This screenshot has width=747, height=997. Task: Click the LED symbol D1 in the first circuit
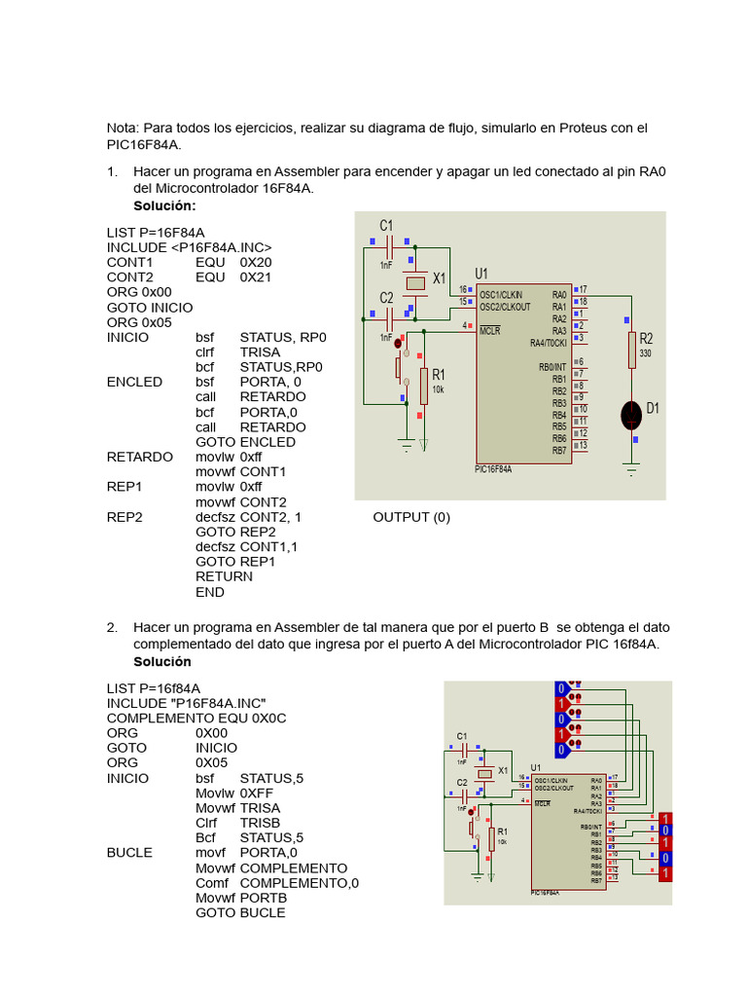coord(632,413)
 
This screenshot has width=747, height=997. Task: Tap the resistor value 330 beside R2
coord(645,353)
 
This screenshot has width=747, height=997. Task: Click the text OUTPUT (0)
coord(411,517)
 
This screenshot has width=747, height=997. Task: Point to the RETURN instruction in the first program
coord(224,576)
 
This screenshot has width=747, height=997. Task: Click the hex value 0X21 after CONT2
coord(256,277)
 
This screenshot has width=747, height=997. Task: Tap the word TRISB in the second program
coord(260,823)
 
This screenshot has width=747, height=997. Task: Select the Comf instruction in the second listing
coord(211,883)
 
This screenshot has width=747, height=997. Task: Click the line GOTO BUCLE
coord(240,913)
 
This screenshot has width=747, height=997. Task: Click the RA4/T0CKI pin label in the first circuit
coord(549,343)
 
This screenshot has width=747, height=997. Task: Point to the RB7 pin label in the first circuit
coord(559,451)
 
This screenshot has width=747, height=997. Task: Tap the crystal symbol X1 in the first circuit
coord(416,282)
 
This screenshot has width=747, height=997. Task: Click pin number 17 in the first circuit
coord(583,289)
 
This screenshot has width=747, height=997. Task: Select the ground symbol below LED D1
coord(632,471)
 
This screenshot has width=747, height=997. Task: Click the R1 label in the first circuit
coord(439,374)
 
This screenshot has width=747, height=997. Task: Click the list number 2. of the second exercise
coord(113,627)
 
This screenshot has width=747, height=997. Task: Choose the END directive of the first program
coord(210,592)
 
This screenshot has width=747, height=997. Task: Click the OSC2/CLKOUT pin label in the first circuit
coord(505,306)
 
